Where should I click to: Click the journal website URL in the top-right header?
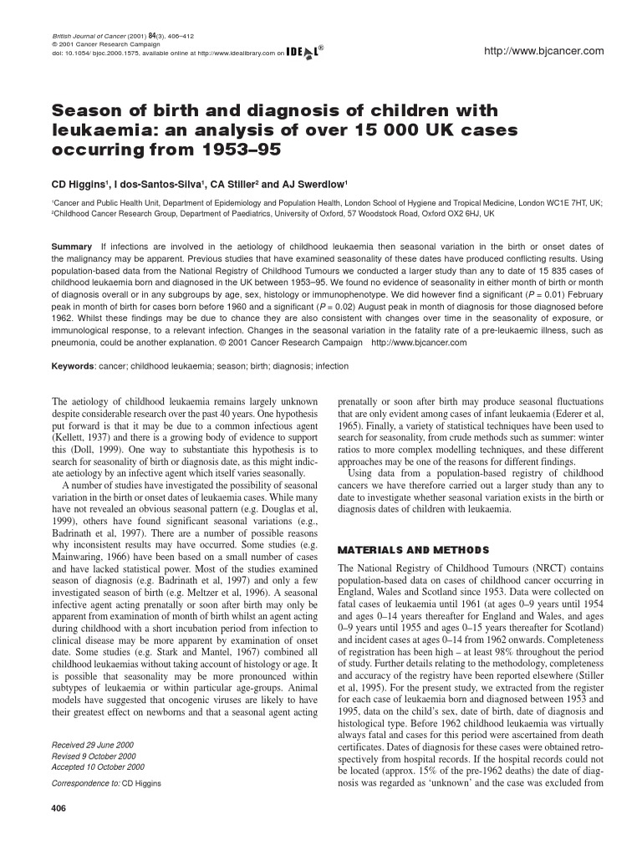pos(544,52)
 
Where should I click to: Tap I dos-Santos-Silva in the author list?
pos(157,184)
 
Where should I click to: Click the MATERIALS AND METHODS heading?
pos(412,550)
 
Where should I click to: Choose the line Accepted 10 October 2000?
pos(99,766)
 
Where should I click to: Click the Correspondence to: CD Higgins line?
pos(106,783)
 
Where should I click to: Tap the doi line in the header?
pos(159,53)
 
